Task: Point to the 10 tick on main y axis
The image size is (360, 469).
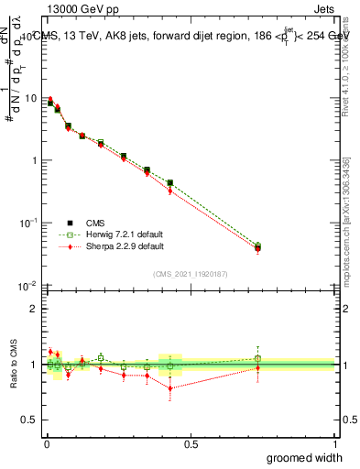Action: point(29,98)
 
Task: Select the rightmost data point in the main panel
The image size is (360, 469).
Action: point(257,247)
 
